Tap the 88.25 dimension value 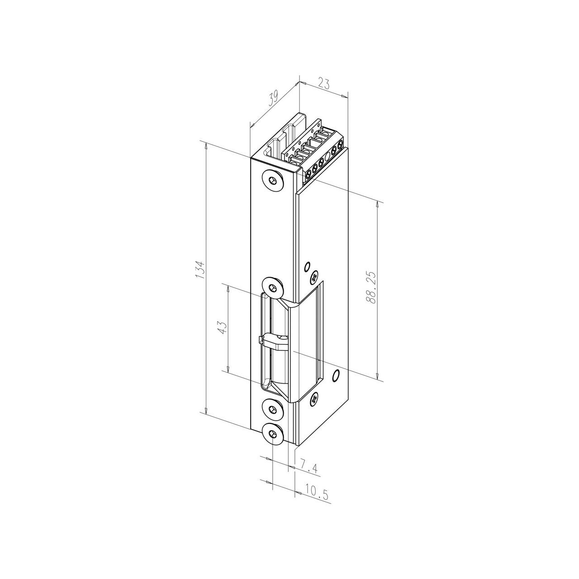coord(371,288)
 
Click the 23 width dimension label coord(323,83)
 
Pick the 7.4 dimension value coord(308,476)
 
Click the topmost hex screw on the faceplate coord(272,180)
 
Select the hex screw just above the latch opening coord(272,287)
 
